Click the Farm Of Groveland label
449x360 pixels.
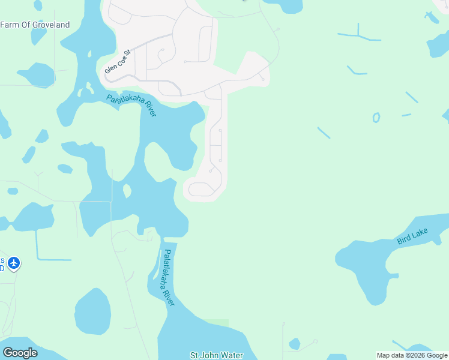pos(35,25)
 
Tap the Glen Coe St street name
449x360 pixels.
pos(118,61)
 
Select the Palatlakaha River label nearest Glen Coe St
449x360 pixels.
pos(131,106)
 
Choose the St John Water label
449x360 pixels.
pos(216,355)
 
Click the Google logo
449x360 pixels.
pos(20,353)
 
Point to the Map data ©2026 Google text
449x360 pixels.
pos(412,355)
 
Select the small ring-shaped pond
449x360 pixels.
pos(376,118)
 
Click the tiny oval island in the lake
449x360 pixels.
pos(127,191)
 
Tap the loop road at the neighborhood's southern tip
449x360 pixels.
pos(201,190)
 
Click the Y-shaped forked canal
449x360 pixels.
pos(358,35)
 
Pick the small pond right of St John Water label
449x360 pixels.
pos(294,344)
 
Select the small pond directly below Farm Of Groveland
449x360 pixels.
pos(38,36)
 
